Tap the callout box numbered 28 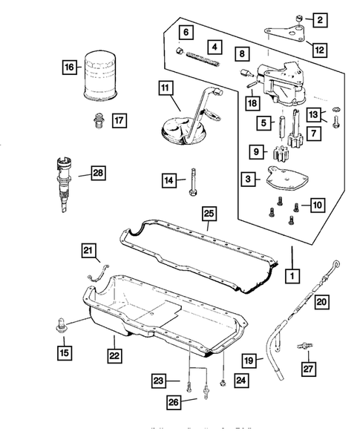[x=97, y=174]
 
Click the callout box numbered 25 [x=209, y=216]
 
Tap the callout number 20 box [x=321, y=302]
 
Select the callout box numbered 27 [x=308, y=367]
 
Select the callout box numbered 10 [x=317, y=203]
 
